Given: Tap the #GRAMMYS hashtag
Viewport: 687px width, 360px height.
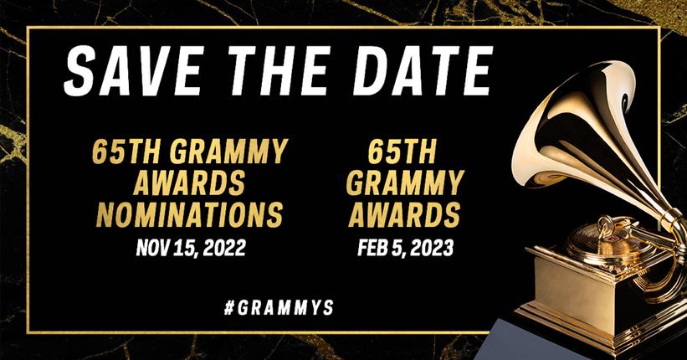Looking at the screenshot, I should (x=279, y=307).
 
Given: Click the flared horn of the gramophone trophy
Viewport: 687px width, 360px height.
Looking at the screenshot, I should (x=586, y=126).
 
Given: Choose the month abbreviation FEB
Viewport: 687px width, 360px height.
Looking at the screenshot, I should (x=372, y=248).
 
